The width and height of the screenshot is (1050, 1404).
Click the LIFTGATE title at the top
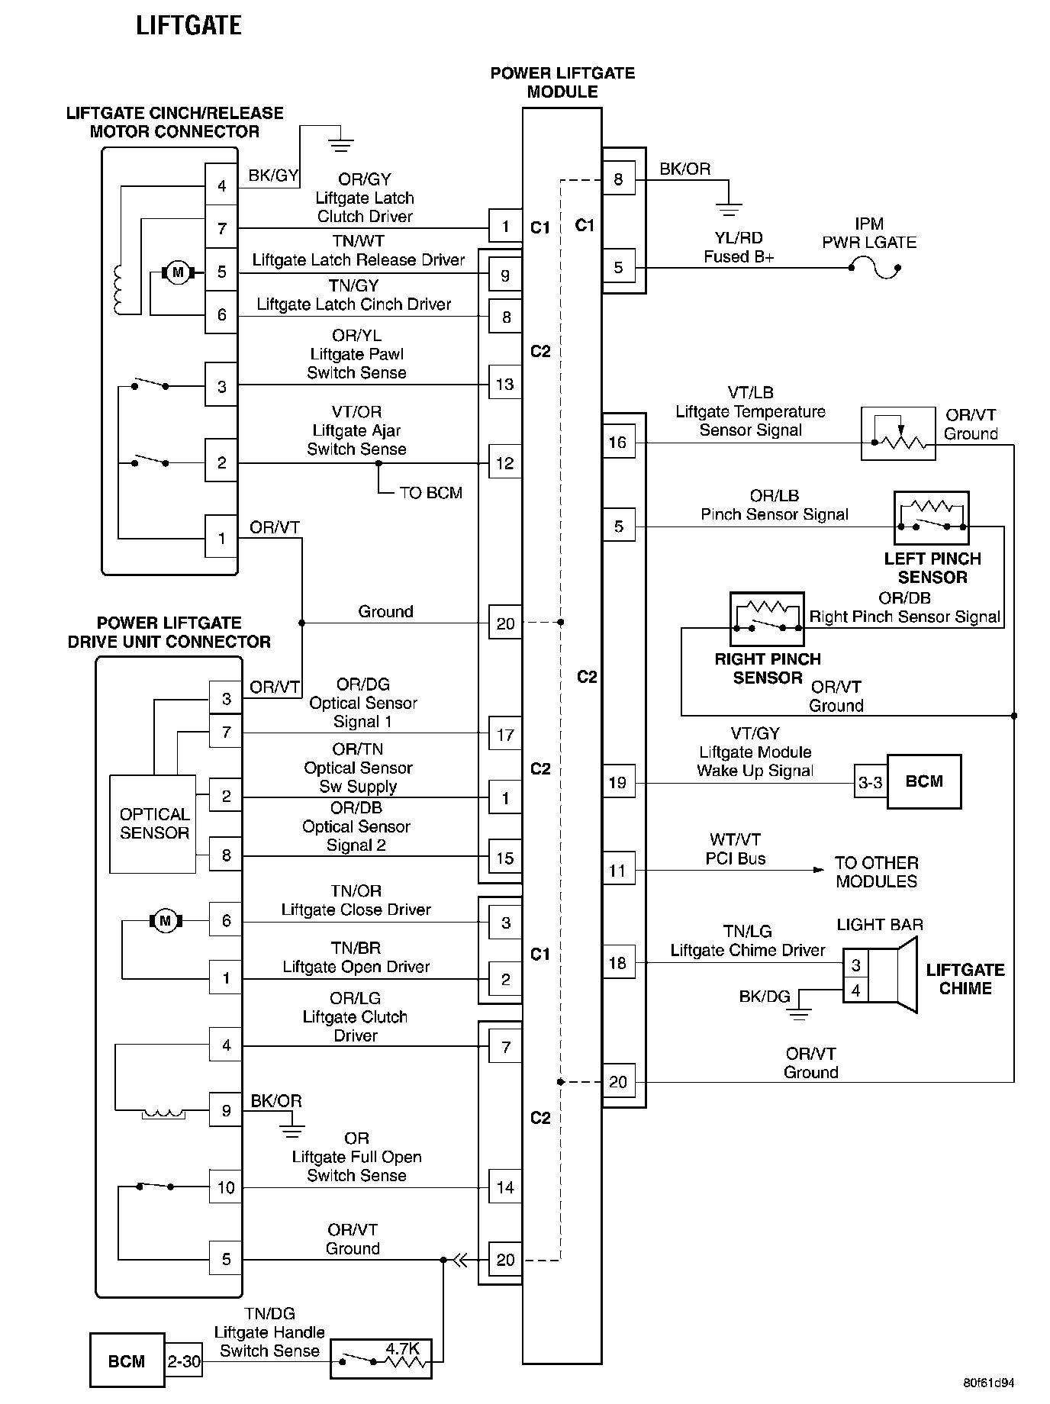tap(188, 26)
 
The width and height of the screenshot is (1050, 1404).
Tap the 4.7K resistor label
tap(402, 1348)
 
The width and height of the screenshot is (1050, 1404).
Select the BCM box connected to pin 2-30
tap(127, 1361)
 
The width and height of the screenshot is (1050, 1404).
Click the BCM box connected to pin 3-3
tap(923, 781)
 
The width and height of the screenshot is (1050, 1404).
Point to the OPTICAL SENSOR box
tap(154, 824)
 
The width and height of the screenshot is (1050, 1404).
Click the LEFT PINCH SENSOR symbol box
tap(931, 518)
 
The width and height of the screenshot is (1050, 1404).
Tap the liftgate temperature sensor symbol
tap(898, 433)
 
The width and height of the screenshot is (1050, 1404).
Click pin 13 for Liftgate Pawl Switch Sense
tap(505, 385)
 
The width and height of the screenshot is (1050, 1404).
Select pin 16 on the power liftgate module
tap(618, 443)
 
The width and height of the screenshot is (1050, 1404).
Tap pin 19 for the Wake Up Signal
tap(618, 782)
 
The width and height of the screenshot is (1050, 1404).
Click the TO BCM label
tap(430, 493)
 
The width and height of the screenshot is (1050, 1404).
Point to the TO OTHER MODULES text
tap(876, 872)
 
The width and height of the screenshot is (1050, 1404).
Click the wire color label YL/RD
tap(739, 238)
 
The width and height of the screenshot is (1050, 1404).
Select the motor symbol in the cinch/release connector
tap(178, 272)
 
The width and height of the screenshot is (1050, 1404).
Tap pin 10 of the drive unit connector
tap(226, 1187)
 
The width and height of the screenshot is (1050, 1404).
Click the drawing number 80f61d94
tap(988, 1383)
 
